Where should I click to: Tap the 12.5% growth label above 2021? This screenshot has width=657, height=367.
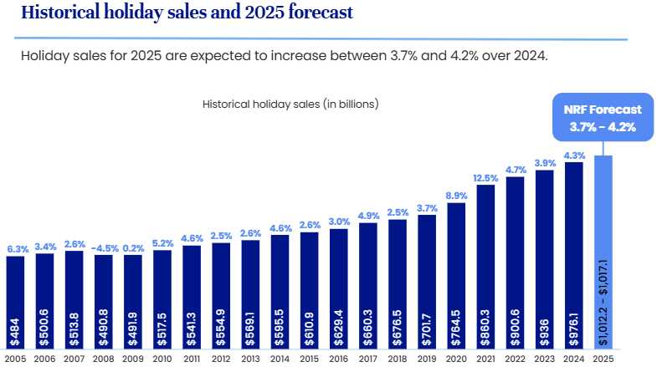pos(486,177)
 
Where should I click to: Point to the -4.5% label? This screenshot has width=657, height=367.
pos(105,247)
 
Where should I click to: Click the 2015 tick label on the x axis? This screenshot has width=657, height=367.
pos(310,359)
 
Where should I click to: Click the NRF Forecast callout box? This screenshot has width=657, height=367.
pos(603,118)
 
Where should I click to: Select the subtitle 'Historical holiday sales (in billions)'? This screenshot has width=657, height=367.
pos(290,104)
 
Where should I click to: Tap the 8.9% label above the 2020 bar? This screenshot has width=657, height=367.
pos(457,195)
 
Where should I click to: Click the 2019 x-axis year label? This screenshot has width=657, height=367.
pos(427,359)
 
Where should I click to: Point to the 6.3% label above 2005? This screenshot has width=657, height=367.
pos(17,248)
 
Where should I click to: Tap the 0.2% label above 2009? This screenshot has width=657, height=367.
pos(134,247)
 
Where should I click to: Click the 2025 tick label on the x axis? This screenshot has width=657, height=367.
pos(603,359)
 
